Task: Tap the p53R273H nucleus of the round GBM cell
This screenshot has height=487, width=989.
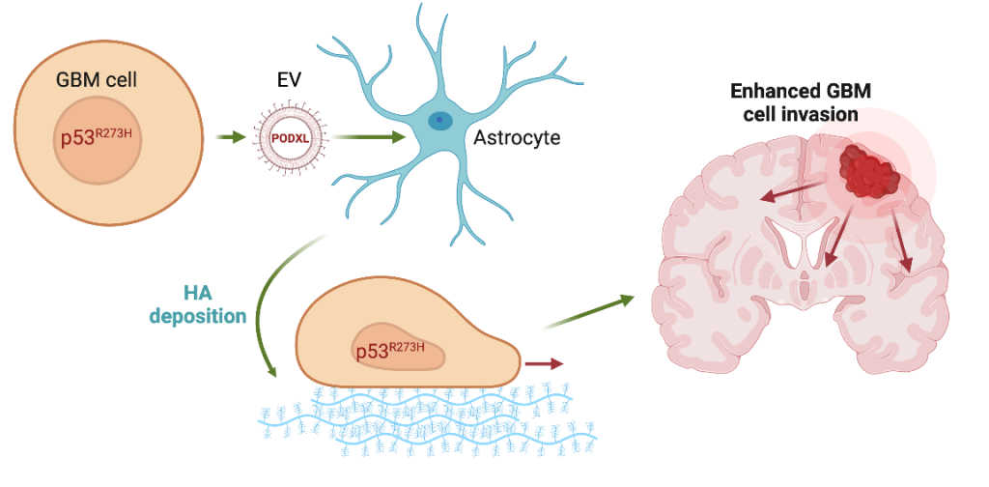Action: tap(98, 138)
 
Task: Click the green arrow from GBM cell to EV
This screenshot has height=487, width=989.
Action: tap(231, 138)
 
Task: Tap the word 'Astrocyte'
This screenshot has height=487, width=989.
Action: tap(517, 138)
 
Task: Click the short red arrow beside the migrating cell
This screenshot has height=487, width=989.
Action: tap(543, 364)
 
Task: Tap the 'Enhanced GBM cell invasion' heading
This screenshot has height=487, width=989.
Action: tap(795, 101)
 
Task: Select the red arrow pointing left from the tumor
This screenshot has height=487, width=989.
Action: tap(786, 191)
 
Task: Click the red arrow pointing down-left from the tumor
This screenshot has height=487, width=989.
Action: tap(836, 237)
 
